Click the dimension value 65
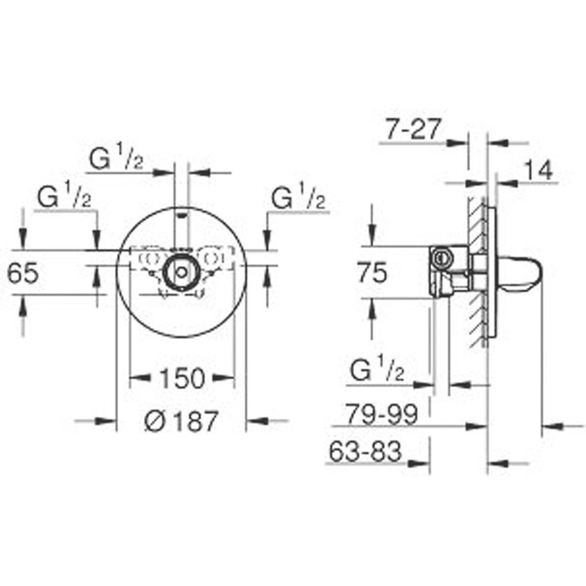22,273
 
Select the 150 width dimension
182,377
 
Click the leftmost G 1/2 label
65,197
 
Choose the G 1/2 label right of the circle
298,197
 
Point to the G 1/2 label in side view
377,371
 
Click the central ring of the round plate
181,271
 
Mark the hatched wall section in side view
477,276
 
